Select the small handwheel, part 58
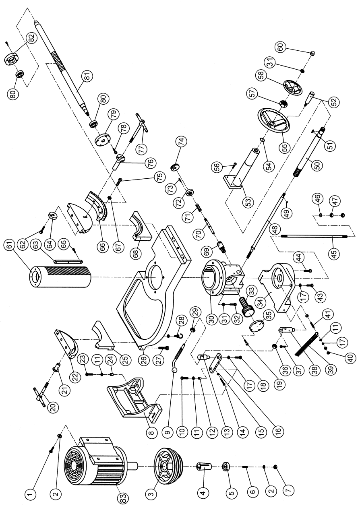pyautogui.click(x=293, y=87)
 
